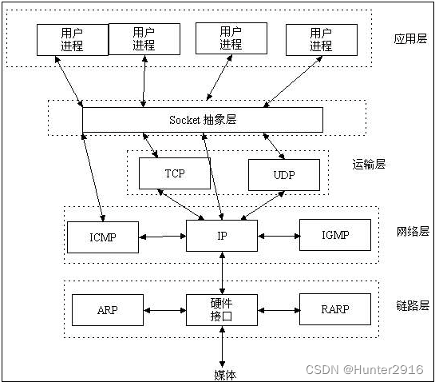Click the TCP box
pos(174,173)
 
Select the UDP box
pos(283,174)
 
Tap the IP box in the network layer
pos(222,236)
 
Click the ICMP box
pos(103,236)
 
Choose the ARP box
pos(108,309)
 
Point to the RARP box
pos(335,309)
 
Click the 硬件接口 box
pos(222,309)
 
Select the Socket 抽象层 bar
pos(203,120)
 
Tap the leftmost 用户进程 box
pos(72,39)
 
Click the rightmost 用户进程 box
pos(320,39)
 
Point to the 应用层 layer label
pos(411,39)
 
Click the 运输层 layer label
pos(369,165)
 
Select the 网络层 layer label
pos(413,231)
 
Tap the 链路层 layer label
pos(413,306)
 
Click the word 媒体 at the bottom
pos(224,374)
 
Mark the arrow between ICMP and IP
pos(162,237)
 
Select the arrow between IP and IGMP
pos(279,236)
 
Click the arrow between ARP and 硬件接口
pos(164,310)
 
